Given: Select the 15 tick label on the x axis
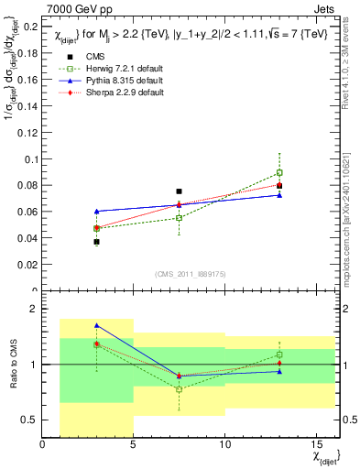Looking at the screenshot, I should pos(315,445).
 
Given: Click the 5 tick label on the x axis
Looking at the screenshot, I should pos(134,445).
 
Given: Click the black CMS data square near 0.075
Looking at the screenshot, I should pos(179,191).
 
